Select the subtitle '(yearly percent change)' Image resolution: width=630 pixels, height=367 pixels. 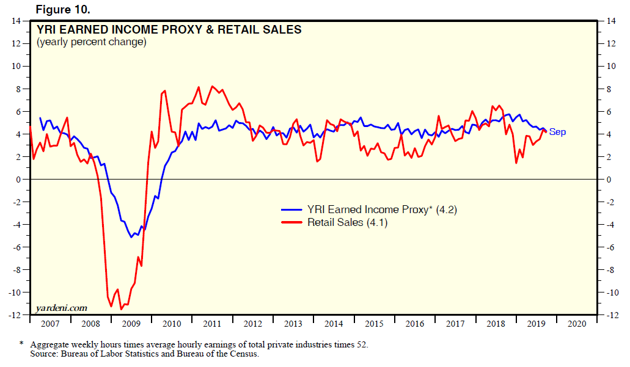coord(91,42)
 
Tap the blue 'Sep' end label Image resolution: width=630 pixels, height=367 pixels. coord(557,132)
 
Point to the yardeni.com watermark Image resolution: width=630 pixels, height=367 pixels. coord(62,307)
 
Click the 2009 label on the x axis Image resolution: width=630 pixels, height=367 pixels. coord(131,324)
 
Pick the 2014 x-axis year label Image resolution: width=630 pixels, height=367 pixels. coord(334,324)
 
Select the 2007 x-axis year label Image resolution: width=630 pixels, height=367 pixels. coord(50,324)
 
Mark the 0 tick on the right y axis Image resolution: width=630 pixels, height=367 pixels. coord(608,180)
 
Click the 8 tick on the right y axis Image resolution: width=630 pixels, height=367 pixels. coord(608,89)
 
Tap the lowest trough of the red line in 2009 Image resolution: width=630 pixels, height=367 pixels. coord(121,309)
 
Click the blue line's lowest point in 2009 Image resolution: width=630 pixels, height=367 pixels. coord(131,237)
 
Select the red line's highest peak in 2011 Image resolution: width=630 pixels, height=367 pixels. coord(212,86)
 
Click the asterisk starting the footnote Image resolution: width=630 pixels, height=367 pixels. coord(21,344)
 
